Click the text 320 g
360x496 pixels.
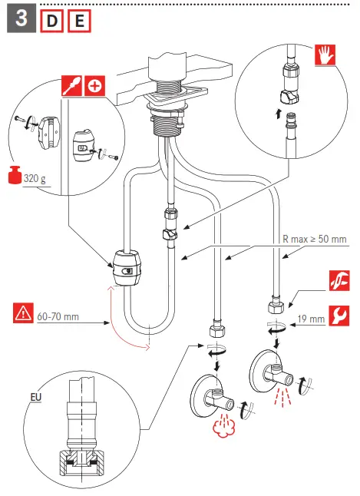(x=35, y=179)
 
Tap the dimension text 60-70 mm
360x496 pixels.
(x=58, y=316)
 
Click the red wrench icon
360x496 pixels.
(x=338, y=316)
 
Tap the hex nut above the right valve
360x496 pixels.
(x=274, y=309)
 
